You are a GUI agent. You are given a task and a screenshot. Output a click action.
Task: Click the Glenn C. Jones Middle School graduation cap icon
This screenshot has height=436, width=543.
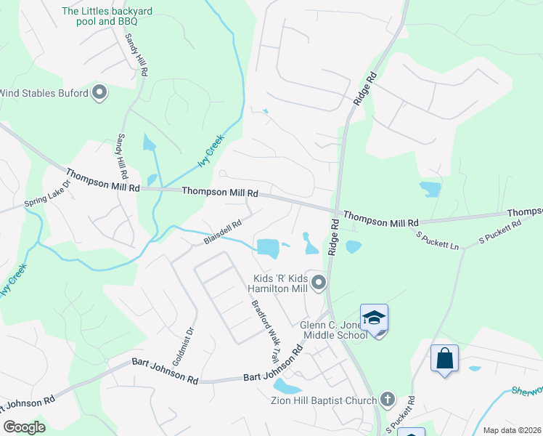pos(374,318)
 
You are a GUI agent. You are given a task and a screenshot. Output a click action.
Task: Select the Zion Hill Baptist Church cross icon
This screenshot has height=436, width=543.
pos(388,399)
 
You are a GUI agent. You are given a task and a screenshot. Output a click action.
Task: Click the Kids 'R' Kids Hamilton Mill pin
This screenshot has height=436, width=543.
pos(318,282)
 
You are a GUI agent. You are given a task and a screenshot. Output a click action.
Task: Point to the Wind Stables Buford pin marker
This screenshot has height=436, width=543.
pos(100,93)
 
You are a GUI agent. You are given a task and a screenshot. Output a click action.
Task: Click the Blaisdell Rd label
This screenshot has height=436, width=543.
pos(222,233)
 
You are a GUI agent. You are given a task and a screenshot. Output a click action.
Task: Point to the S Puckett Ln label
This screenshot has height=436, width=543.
pos(438,241)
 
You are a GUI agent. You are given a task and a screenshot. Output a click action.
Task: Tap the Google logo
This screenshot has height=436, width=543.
pos(24,427)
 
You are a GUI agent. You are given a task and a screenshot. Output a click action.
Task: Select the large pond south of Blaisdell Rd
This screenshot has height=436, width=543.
pos(269,248)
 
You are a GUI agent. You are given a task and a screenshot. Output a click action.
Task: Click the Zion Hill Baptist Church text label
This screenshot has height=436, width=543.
pos(330,400)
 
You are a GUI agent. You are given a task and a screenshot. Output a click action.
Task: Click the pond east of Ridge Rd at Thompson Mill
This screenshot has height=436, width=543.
pos(354,247)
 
